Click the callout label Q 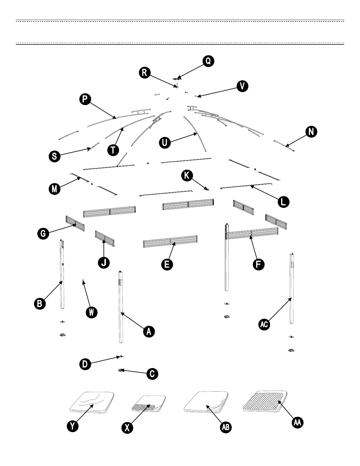(x=208, y=61)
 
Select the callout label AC (x=264, y=324)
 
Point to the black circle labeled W (x=91, y=312)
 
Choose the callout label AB (x=226, y=427)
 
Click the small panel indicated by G (x=76, y=223)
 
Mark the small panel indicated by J (x=105, y=239)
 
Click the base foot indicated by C (x=121, y=370)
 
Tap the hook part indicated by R (x=177, y=86)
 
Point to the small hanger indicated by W (x=83, y=282)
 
